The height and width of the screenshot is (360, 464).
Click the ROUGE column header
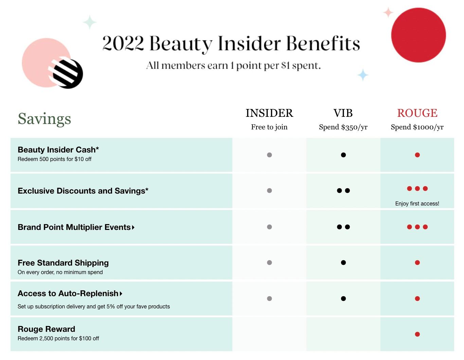417,113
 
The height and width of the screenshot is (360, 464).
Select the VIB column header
343,113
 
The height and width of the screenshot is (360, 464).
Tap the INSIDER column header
269,113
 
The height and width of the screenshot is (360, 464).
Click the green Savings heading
44,119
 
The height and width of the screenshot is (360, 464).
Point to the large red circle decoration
418,35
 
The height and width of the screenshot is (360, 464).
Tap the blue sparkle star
363,75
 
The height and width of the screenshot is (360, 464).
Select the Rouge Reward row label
47,329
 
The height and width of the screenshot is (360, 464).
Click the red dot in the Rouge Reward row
417,334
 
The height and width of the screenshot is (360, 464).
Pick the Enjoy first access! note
417,203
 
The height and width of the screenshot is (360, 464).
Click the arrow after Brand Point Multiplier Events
133,227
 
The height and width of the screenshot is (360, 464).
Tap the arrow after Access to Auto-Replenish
121,293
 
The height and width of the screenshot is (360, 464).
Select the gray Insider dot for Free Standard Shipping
269,263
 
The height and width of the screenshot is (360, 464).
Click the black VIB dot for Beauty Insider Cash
343,155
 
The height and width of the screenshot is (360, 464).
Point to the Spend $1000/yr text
417,127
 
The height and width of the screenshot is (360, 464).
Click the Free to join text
269,127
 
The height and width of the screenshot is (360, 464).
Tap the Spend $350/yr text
343,127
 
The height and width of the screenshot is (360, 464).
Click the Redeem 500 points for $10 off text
55,159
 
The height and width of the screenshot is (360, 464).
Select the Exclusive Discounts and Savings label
83,191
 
